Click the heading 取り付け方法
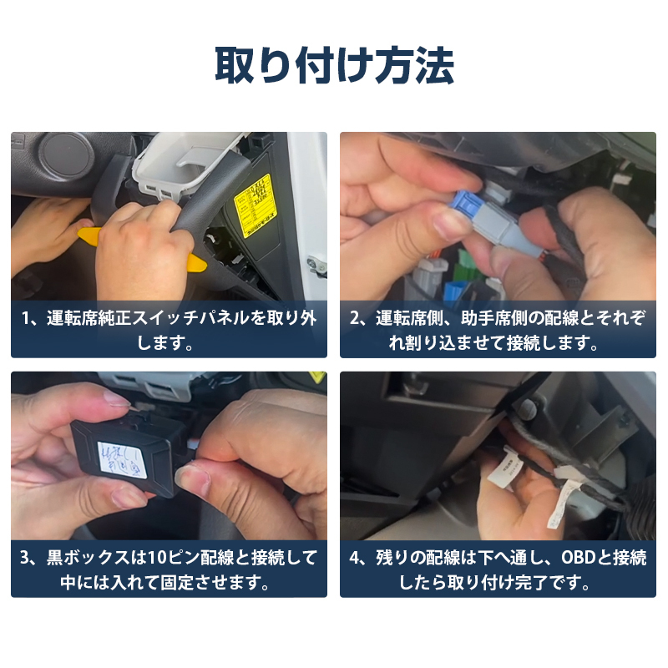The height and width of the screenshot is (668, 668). [334, 66]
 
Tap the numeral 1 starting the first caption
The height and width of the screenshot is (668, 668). [28, 318]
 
